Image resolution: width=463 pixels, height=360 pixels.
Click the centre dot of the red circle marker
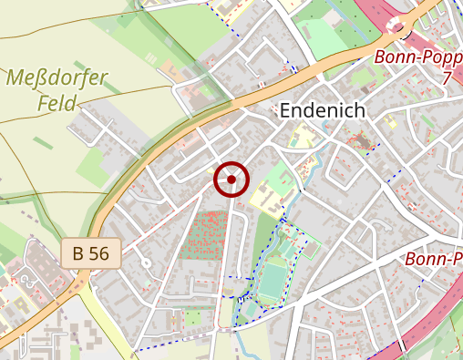click(231, 180)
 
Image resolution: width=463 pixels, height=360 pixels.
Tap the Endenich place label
click(322, 111)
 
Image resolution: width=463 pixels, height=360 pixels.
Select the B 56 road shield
click(91, 253)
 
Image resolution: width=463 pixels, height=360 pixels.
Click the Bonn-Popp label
click(418, 57)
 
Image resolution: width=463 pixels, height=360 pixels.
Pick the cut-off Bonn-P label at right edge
click(433, 260)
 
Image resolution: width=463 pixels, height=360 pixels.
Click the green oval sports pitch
click(272, 278)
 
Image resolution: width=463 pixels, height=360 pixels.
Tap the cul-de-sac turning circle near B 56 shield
click(145, 264)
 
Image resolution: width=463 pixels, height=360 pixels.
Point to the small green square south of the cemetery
click(193, 317)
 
